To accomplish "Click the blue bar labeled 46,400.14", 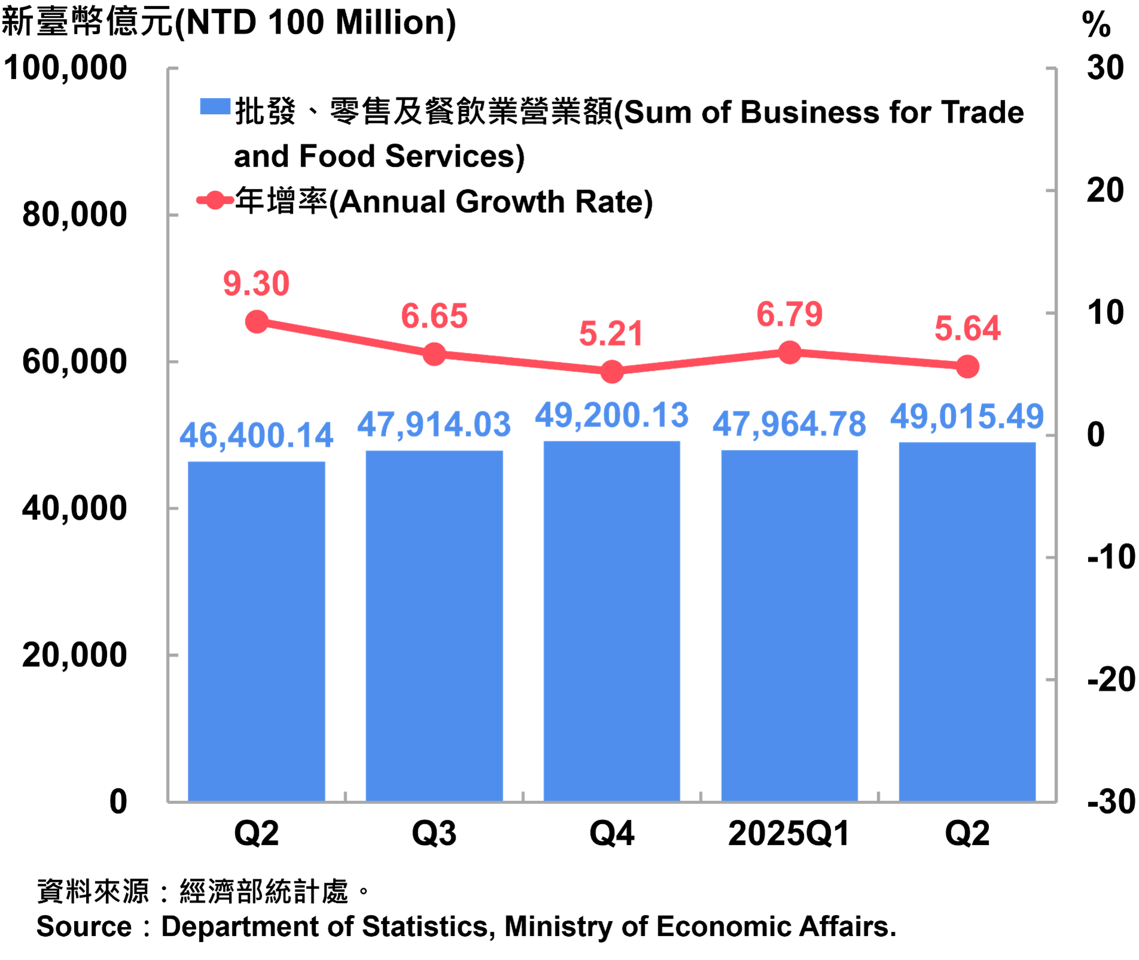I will [256, 630].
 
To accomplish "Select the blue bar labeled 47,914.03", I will [434, 625].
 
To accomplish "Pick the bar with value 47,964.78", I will [789, 625].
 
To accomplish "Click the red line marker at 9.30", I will [257, 322].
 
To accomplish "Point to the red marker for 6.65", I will [435, 354].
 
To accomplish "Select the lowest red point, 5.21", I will [612, 371].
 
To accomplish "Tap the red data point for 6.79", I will [789, 352].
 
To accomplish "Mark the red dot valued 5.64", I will [967, 367].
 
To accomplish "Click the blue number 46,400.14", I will [256, 435].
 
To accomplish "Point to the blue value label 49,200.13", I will [612, 415].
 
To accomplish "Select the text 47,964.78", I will [789, 424].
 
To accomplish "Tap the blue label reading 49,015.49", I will [967, 416].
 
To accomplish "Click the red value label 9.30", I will [256, 284].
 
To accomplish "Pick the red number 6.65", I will [435, 316].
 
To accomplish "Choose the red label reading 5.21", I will [611, 334].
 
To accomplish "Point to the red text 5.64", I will [967, 328].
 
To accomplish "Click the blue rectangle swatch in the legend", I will [215, 106].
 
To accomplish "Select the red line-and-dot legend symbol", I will [215, 200].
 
